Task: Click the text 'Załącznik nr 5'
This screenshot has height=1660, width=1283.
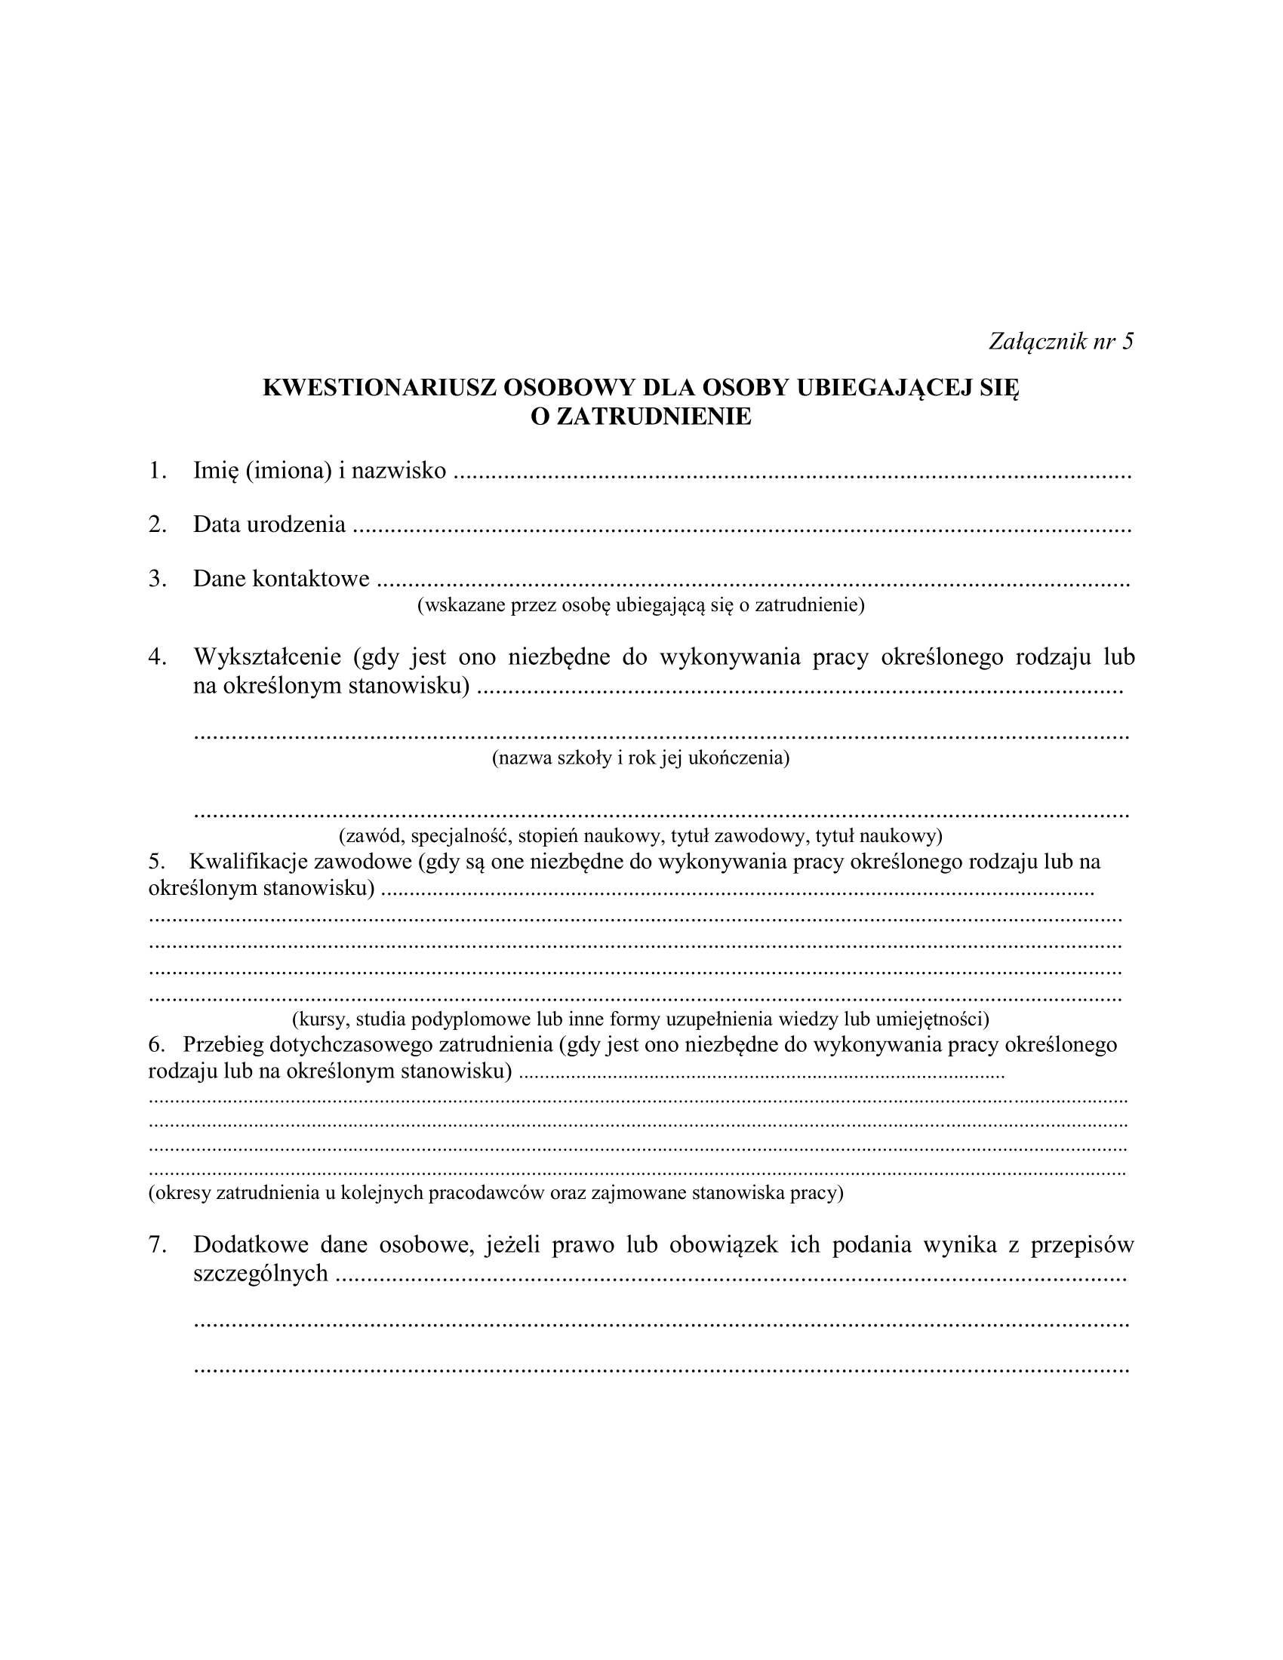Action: tap(1060, 342)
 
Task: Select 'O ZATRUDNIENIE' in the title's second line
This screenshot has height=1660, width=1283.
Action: tap(640, 417)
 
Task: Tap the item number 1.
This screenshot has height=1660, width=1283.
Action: tap(156, 472)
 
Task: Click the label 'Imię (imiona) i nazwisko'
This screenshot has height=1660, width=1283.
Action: tap(319, 472)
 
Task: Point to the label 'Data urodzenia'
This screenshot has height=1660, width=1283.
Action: tap(269, 524)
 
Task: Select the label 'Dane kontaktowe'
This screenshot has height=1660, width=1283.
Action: tap(282, 579)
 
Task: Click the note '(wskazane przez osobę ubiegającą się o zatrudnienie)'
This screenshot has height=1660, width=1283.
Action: tap(641, 605)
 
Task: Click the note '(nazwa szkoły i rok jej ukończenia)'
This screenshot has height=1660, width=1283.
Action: tap(641, 758)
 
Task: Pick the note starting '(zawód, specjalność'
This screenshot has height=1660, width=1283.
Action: tap(640, 836)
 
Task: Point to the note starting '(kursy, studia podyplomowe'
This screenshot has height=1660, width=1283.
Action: tap(640, 1019)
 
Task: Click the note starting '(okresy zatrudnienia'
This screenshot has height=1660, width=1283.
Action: tap(496, 1191)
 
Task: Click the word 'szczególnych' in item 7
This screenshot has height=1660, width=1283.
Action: tap(260, 1273)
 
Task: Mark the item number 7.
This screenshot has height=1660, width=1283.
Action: tap(156, 1244)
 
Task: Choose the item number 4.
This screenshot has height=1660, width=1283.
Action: tap(156, 656)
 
